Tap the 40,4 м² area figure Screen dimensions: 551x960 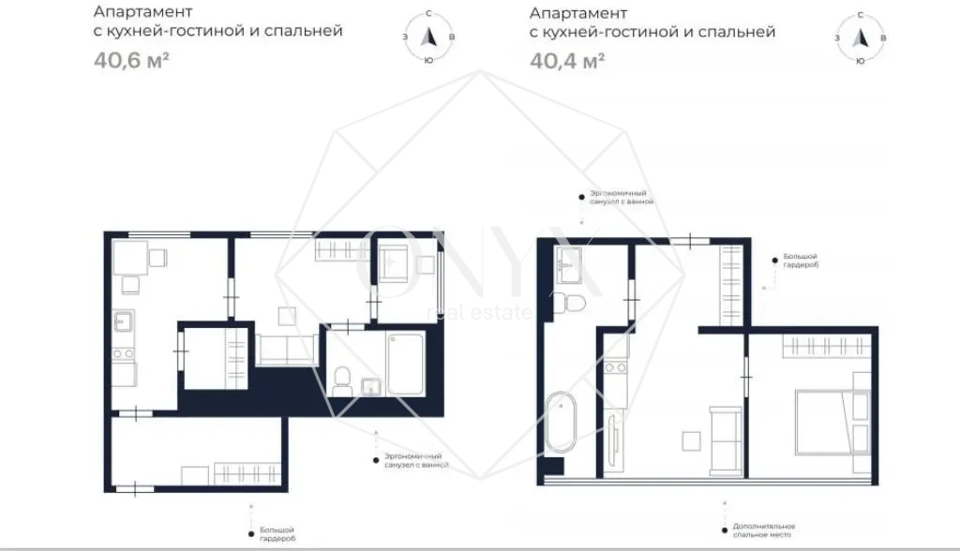coord(566,62)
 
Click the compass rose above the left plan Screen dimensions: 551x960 coord(428,37)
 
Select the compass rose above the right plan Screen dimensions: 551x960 coord(860,37)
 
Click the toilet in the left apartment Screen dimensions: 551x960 coord(342,380)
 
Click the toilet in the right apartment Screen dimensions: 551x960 coord(568,303)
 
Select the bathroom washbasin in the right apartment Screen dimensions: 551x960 coord(569,264)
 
